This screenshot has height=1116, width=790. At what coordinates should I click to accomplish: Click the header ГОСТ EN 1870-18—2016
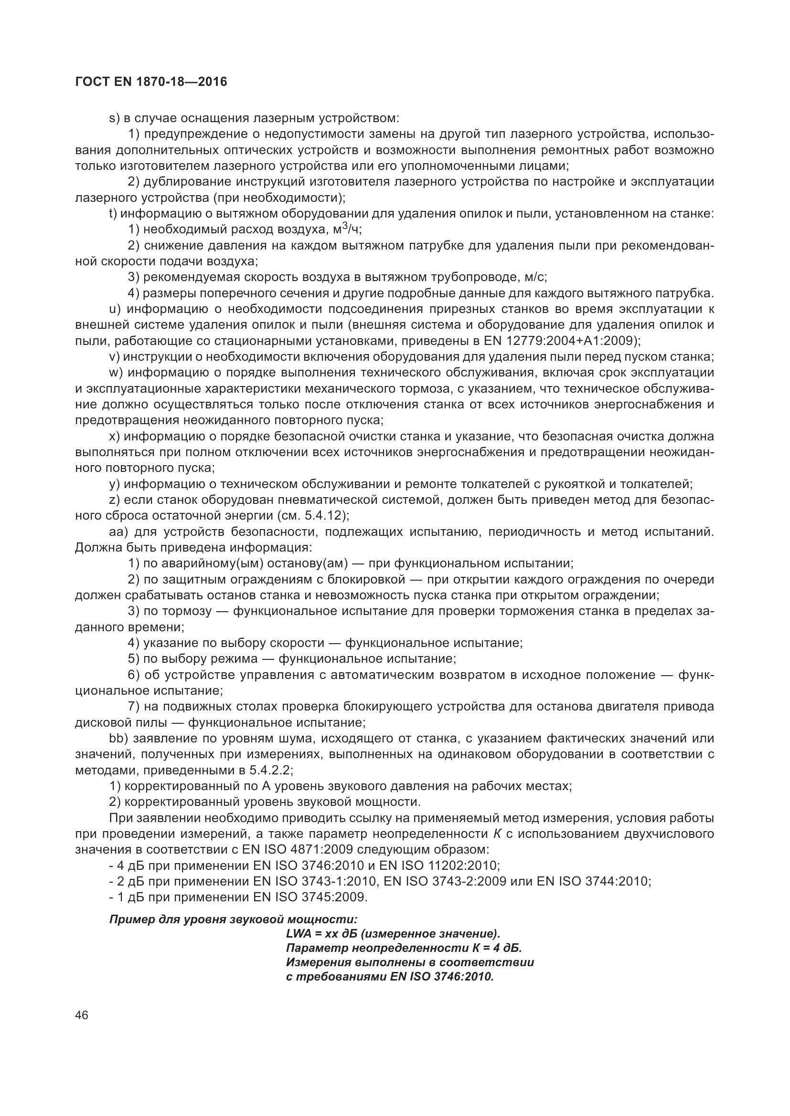151,82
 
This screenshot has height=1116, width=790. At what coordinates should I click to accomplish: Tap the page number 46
82,1015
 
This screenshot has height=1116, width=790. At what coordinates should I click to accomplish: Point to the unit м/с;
536,277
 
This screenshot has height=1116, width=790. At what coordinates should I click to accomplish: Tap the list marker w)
116,373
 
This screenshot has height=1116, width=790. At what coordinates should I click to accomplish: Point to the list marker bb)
118,739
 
